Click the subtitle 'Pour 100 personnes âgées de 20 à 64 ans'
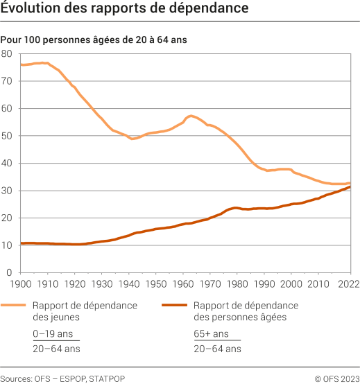tap(94, 40)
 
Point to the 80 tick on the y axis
tap(7, 53)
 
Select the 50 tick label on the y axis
tap(7, 136)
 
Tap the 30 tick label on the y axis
tap(7, 191)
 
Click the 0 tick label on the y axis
tap(10, 272)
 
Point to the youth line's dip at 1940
tap(131, 139)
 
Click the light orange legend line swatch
tap(15, 305)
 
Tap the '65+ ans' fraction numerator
tap(211, 333)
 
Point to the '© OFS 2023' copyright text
tap(336, 378)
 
